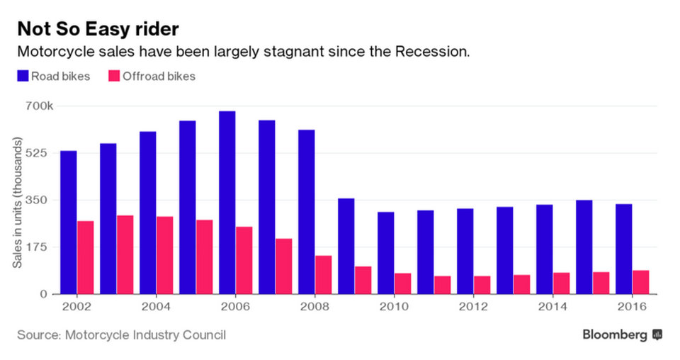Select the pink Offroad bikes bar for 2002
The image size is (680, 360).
85,257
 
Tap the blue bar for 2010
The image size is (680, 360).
385,252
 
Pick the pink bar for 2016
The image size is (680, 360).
640,282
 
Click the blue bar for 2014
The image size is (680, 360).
544,249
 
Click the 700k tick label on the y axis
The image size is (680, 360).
40,106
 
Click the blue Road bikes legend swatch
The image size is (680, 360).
23,76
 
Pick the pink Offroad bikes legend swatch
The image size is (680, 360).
113,76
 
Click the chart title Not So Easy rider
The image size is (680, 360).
97,29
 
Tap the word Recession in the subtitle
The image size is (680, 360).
432,52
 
